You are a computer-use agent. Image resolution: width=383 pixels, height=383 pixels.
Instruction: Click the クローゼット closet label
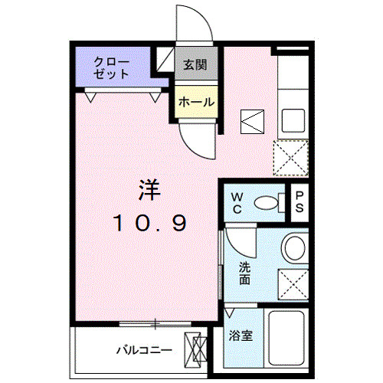112,67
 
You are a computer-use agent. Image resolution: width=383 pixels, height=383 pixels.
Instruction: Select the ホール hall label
196,102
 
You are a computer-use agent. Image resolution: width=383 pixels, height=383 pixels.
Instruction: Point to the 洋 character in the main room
149,189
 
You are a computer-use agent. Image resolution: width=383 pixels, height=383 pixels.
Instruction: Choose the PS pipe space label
300,202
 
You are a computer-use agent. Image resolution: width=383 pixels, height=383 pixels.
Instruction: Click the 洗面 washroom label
244,273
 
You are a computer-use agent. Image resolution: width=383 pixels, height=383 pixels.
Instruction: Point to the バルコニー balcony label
143,350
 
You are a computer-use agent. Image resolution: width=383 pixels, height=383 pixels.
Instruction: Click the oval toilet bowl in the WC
266,203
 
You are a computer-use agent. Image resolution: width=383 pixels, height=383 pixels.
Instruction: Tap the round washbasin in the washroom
293,247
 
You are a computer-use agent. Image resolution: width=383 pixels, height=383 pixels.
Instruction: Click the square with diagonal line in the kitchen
252,121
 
